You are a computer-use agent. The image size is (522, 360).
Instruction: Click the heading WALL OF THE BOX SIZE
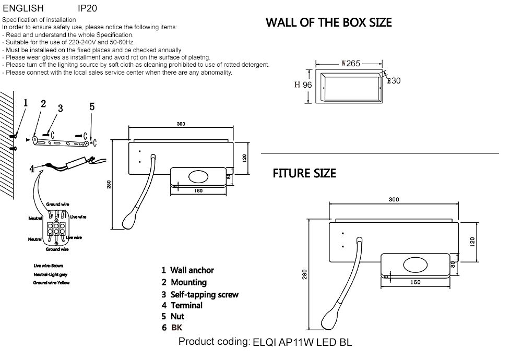pyautogui.click(x=328, y=22)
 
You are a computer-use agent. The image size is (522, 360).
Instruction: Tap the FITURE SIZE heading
pyautogui.click(x=304, y=173)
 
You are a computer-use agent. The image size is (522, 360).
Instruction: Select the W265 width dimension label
pyautogui.click(x=351, y=63)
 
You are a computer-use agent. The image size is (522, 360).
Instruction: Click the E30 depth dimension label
pyautogui.click(x=394, y=81)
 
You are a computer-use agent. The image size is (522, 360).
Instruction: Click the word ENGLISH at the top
pyautogui.click(x=23, y=8)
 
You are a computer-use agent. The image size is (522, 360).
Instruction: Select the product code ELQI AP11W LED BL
pyautogui.click(x=302, y=343)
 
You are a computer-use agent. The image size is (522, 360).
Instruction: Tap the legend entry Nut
pyautogui.click(x=177, y=317)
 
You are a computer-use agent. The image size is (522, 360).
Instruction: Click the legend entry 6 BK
pyautogui.click(x=172, y=328)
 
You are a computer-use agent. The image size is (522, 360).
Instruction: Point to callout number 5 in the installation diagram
pyautogui.click(x=92, y=106)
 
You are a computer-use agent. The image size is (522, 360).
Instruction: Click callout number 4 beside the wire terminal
pyautogui.click(x=32, y=169)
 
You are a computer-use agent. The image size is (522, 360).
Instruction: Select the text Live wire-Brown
pyautogui.click(x=48, y=266)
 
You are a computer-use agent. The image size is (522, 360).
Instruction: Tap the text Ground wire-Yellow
pyautogui.click(x=51, y=282)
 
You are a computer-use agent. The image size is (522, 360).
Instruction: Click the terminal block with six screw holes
pyautogui.click(x=55, y=229)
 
